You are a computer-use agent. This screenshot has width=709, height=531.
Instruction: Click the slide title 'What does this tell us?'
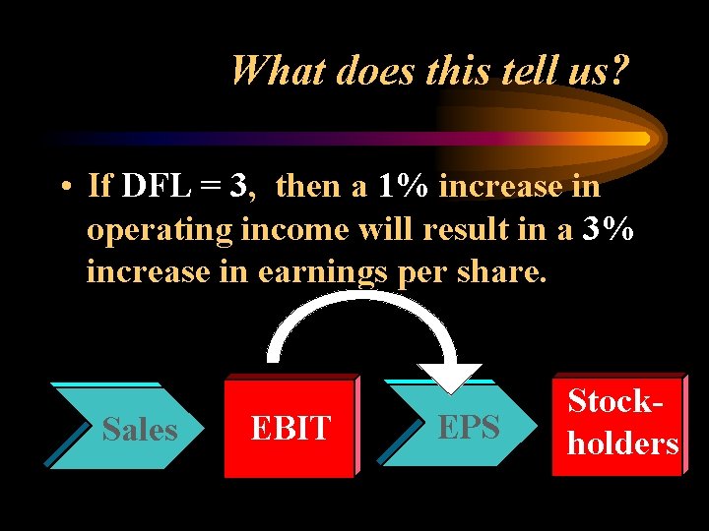(x=429, y=71)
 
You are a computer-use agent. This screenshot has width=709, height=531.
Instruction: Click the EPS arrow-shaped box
(x=463, y=427)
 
